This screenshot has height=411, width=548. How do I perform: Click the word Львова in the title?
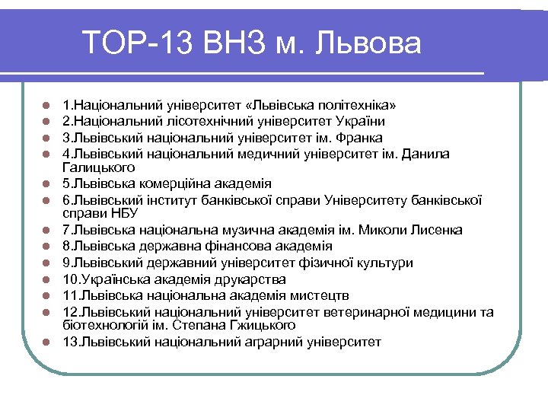[x=373, y=43]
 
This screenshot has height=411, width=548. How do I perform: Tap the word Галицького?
[x=98, y=167]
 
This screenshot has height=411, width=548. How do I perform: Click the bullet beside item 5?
[x=46, y=184]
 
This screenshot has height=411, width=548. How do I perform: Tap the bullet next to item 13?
[x=46, y=342]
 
